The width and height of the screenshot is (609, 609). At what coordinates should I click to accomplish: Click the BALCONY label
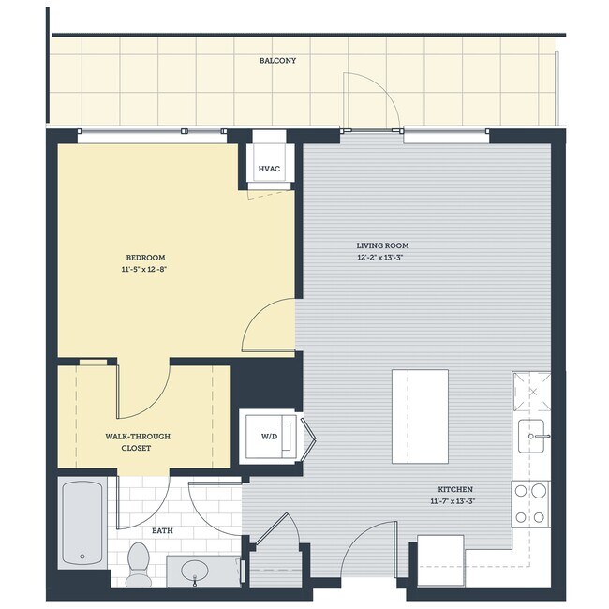tap(277, 61)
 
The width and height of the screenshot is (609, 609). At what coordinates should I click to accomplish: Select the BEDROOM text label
tap(145, 258)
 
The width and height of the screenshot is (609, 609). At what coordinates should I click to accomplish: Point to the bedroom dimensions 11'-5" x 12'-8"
tap(145, 269)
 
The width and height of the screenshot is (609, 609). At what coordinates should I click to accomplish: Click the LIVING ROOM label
tap(382, 246)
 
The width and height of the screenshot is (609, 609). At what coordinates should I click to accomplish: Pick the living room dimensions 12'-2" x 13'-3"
tap(382, 258)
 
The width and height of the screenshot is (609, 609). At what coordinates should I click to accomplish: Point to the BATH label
tap(162, 531)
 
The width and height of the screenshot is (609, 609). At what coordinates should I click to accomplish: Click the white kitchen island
tap(419, 416)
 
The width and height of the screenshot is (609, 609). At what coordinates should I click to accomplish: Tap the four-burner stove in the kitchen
tap(530, 502)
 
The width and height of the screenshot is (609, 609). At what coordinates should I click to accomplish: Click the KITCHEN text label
tap(454, 490)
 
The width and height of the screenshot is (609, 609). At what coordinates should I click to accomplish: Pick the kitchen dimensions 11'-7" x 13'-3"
tap(454, 501)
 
